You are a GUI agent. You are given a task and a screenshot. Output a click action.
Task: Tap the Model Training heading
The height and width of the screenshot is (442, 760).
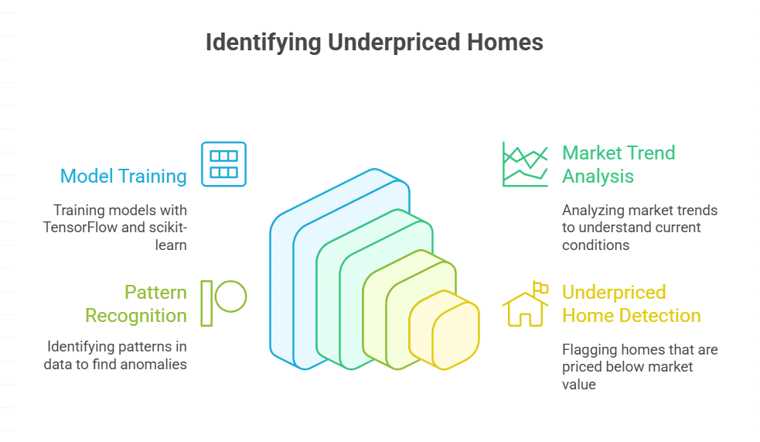[124, 176]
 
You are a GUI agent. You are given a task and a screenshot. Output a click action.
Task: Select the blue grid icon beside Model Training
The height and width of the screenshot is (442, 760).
[223, 164]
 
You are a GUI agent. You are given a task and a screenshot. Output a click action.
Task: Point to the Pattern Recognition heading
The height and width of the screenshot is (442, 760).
[136, 303]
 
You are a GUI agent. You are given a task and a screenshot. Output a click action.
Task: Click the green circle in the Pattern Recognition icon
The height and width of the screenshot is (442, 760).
[230, 296]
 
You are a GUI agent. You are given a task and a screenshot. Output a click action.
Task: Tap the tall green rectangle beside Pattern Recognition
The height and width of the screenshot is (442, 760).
[206, 303]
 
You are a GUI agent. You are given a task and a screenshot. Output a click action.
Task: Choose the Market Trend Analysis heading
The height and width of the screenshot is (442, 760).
[619, 164]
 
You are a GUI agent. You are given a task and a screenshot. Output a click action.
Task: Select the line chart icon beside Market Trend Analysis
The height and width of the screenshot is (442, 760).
[525, 164]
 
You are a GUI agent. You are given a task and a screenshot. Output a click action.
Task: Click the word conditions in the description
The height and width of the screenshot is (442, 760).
[596, 245]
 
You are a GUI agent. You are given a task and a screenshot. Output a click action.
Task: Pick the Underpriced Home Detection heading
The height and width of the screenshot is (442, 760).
[631, 303]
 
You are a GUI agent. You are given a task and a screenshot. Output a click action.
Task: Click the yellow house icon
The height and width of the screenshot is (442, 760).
[523, 308]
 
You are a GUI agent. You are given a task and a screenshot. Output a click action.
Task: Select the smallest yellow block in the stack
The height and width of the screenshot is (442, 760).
[455, 334]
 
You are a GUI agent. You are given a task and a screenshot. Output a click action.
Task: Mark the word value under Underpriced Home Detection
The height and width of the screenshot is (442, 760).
[579, 384]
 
